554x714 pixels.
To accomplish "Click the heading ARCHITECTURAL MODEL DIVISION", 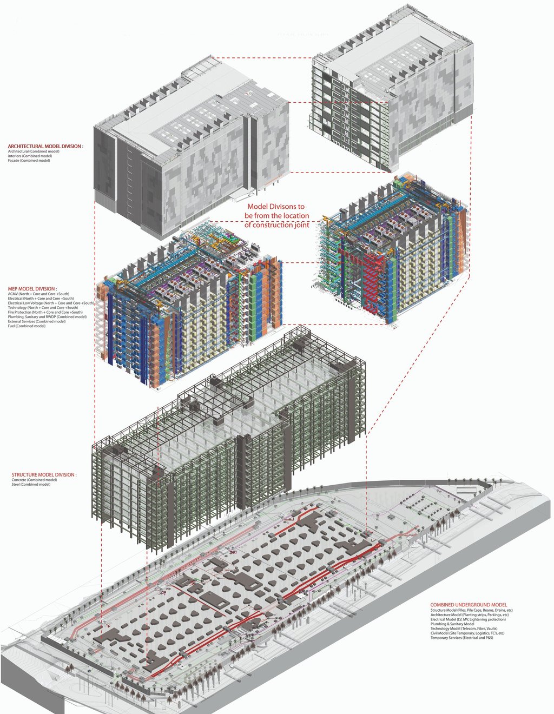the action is click(x=45, y=146).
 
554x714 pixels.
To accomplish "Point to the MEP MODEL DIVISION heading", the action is click(x=32, y=289).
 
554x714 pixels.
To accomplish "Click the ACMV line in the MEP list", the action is click(x=38, y=294).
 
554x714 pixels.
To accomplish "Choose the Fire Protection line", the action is click(x=45, y=312).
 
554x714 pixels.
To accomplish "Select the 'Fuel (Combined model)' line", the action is click(x=27, y=326).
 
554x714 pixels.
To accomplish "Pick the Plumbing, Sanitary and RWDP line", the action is click(x=47, y=317).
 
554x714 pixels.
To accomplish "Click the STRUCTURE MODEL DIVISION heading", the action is click(x=44, y=475).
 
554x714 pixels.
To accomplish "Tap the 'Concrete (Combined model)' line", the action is click(x=34, y=480).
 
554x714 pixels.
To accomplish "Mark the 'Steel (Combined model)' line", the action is click(x=31, y=485).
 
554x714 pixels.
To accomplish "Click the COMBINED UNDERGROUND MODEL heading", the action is click(x=469, y=605).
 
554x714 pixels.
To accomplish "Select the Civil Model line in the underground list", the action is click(x=467, y=633).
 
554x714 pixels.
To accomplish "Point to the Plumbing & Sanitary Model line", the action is click(x=452, y=624).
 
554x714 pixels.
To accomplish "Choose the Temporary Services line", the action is click(x=461, y=638).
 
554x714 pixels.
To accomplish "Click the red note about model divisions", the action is click(x=276, y=215).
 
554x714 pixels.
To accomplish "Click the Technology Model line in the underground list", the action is click(x=464, y=629).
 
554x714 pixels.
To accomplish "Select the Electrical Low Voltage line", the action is click(x=51, y=303).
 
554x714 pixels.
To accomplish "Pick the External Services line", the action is click(x=36, y=321).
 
